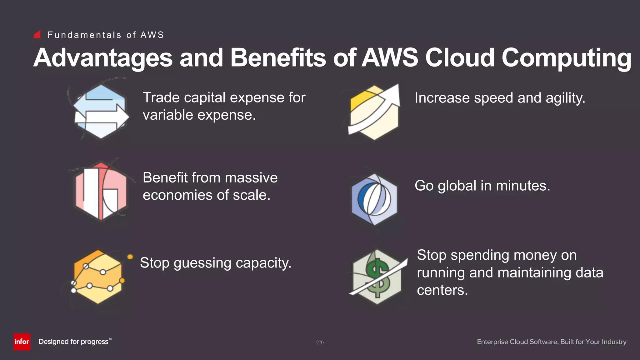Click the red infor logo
coord(22,342)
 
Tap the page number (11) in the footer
coord(320,342)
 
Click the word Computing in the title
coord(567,58)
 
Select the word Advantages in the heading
coord(103,58)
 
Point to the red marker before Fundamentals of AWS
coord(37,34)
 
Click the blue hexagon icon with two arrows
coord(101,112)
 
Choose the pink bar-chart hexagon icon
coord(101,192)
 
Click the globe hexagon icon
coord(374,199)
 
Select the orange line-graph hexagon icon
coord(98,277)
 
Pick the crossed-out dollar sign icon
coord(377,277)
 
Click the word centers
coord(442,290)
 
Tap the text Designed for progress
coord(74,342)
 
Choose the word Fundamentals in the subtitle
coord(84,35)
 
